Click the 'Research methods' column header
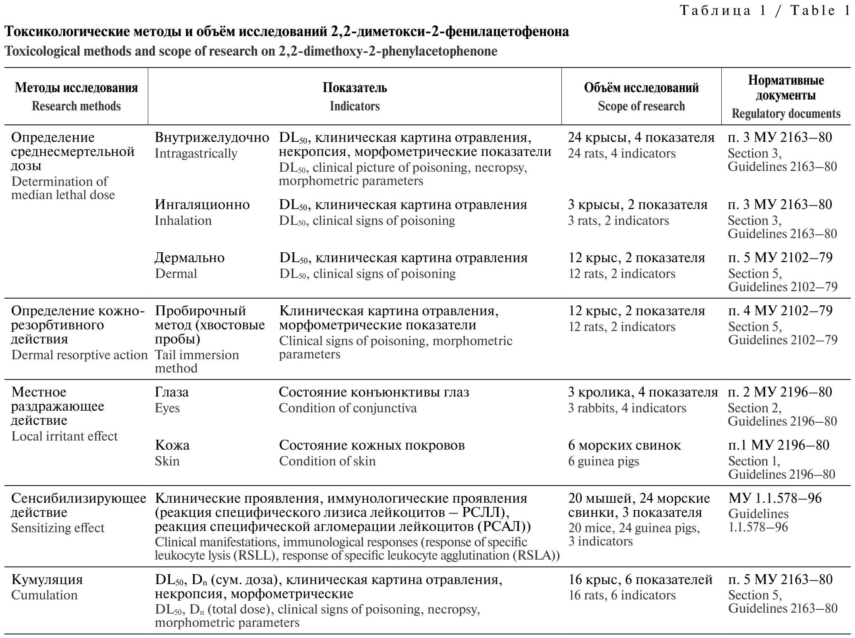point(76,106)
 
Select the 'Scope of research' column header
point(641,106)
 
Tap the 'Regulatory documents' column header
point(786,114)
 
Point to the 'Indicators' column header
point(355,106)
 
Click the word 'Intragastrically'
point(196,153)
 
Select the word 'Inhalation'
point(183,220)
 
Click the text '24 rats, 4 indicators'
point(622,153)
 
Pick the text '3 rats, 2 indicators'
point(618,220)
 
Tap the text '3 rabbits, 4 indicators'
point(627,408)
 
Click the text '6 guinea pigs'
point(603,461)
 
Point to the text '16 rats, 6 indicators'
point(622,595)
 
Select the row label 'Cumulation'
point(44,595)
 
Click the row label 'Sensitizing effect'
point(58,528)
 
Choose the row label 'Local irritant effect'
point(64,436)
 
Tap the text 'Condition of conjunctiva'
point(348,408)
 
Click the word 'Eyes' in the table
point(167,408)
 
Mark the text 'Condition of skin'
point(327,461)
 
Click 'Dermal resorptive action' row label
point(79,355)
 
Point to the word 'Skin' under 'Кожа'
point(167,461)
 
